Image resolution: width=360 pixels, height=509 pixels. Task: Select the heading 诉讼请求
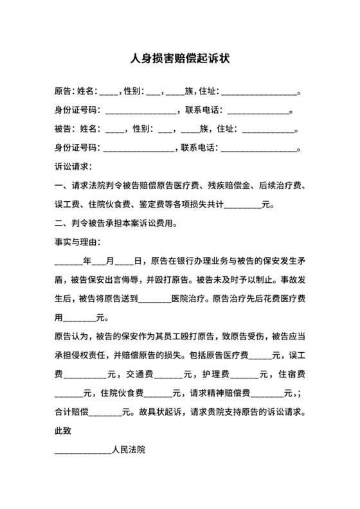(74, 167)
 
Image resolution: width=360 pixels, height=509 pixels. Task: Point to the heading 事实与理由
(78, 244)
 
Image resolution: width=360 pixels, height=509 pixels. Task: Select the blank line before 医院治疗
(154, 299)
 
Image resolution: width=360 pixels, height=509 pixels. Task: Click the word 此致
(64, 431)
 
